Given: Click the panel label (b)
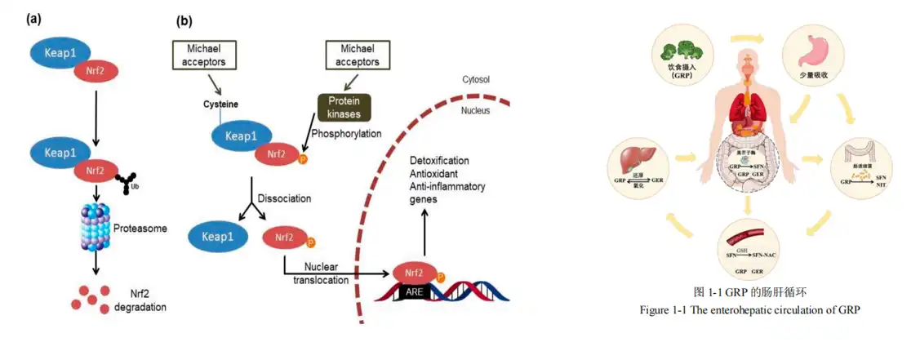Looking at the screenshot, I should tap(184, 20).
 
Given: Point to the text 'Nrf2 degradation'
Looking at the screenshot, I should tap(140, 300).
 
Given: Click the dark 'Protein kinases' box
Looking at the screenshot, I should tap(343, 107).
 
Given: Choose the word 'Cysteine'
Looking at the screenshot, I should tap(221, 104).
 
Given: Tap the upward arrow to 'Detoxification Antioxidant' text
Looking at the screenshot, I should tap(424, 233).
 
